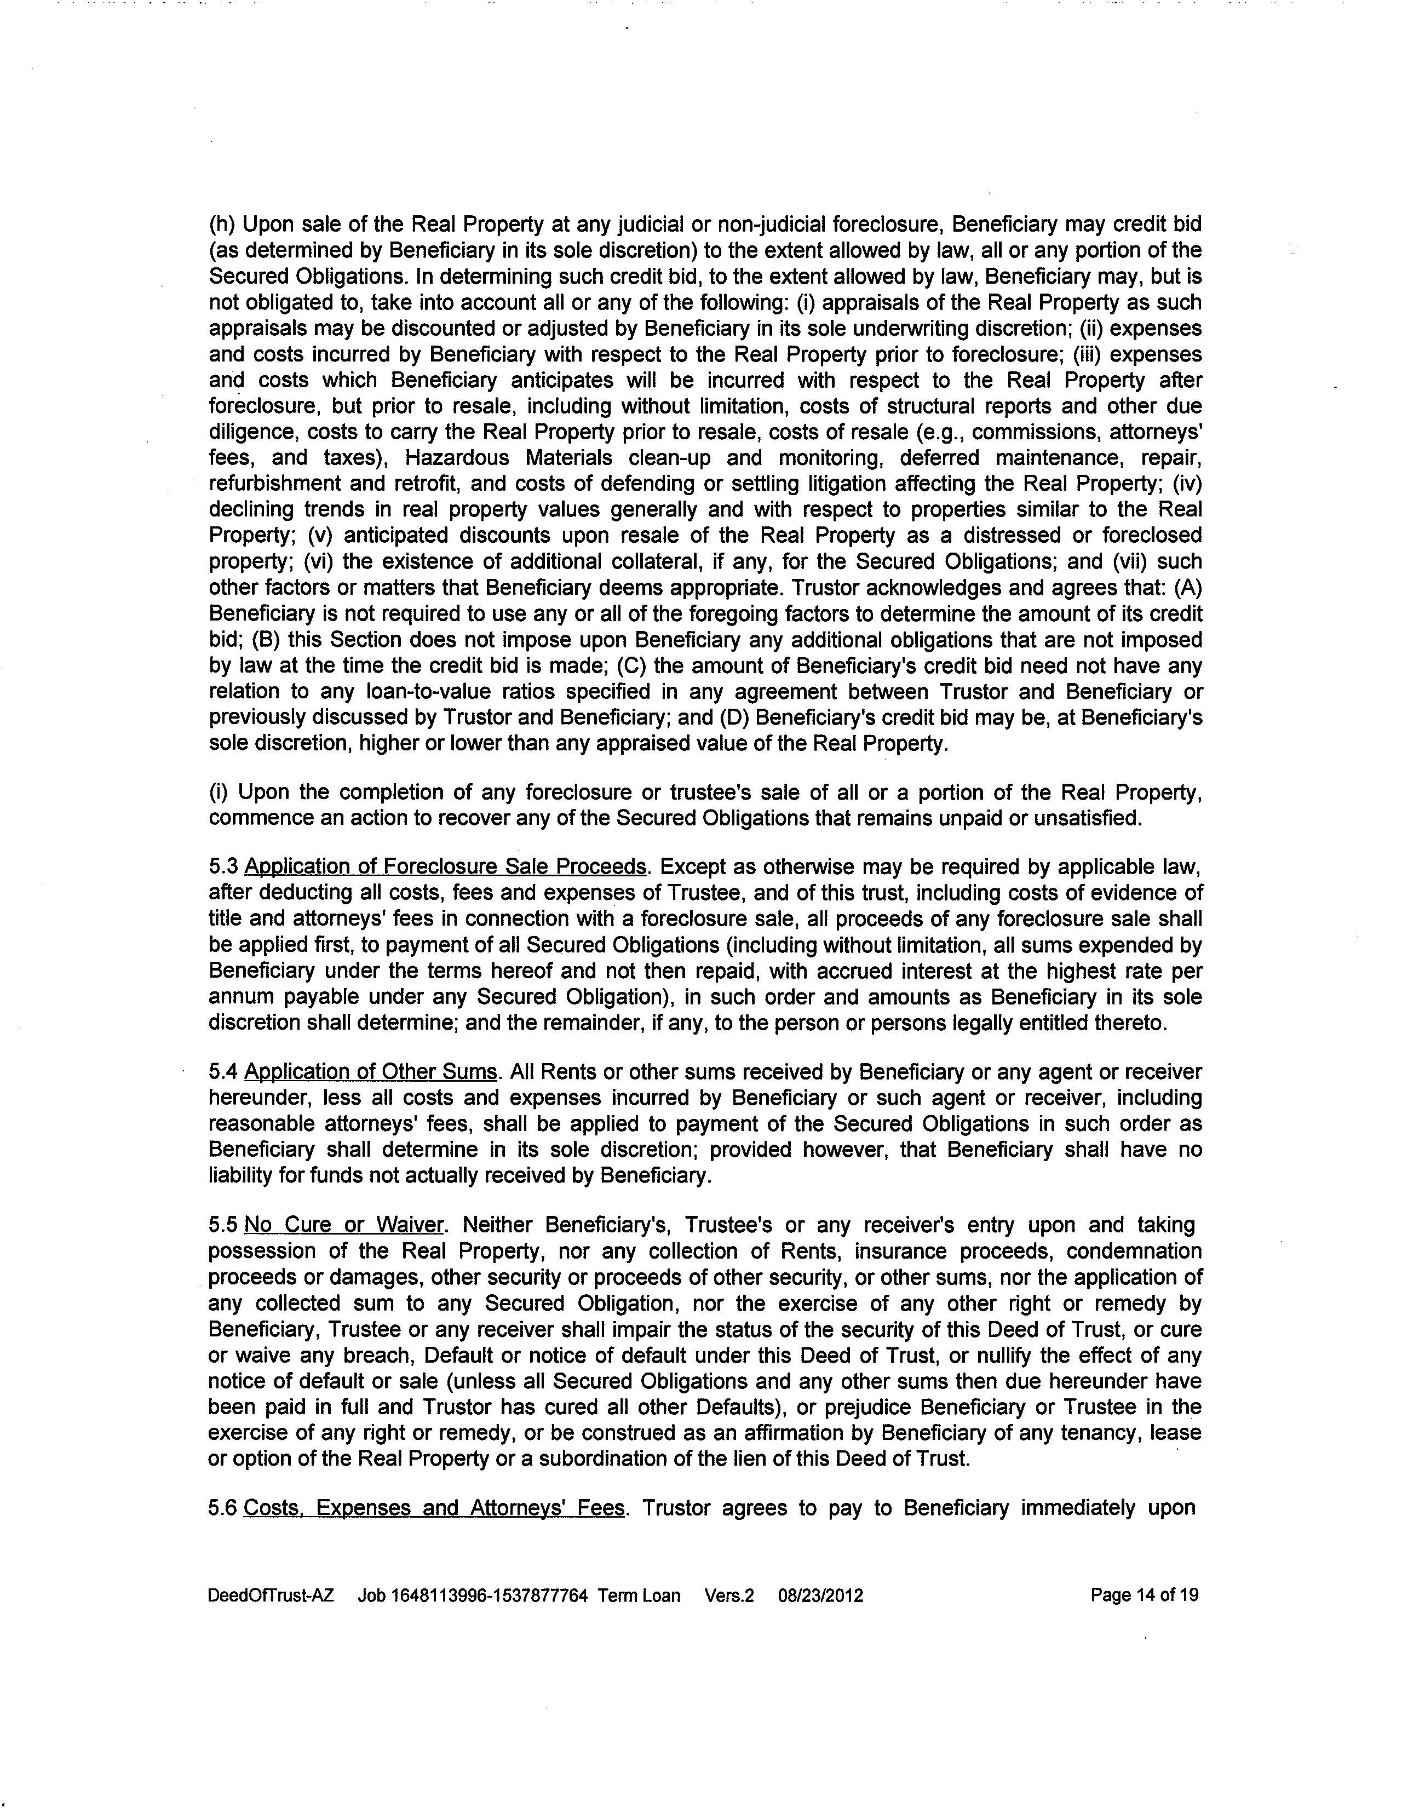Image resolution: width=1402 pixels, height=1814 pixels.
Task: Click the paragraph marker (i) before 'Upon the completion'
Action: tap(219, 793)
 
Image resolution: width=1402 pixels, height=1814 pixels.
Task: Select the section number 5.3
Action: tap(223, 867)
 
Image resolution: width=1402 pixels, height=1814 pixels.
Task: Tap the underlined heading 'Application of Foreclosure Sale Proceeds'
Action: tap(445, 867)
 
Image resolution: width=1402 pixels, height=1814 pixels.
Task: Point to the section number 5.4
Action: tap(223, 1072)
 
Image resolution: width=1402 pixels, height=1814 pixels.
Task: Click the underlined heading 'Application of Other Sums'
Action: tap(370, 1072)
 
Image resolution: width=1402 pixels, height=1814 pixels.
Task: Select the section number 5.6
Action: tap(223, 1507)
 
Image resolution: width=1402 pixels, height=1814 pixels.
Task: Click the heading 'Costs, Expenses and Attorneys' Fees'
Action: tap(434, 1507)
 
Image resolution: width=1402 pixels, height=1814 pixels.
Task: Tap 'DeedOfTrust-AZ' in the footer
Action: tap(271, 1595)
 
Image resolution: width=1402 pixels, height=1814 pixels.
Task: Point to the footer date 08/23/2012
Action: tap(820, 1595)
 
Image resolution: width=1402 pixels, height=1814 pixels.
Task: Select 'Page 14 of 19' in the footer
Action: tap(1145, 1595)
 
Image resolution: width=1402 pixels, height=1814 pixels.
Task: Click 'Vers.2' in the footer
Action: tap(729, 1595)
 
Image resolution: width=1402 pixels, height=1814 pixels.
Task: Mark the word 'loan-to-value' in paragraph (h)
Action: tap(429, 692)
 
